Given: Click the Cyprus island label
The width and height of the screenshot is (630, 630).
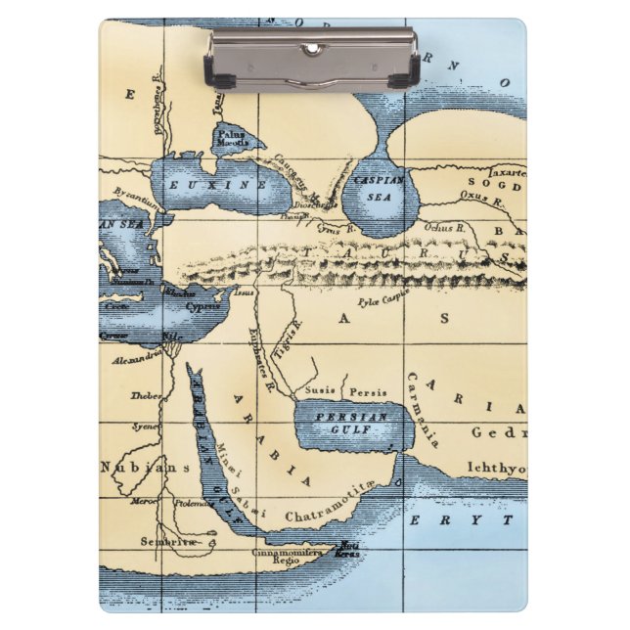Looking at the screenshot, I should pos(203,306).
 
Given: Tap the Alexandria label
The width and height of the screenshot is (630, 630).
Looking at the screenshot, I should pos(137,359).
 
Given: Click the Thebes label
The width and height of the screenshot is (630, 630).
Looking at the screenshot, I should pos(145,396).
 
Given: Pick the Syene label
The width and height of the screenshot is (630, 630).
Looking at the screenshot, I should pos(146,427).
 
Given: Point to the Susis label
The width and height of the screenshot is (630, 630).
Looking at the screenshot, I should pos(319,390).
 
